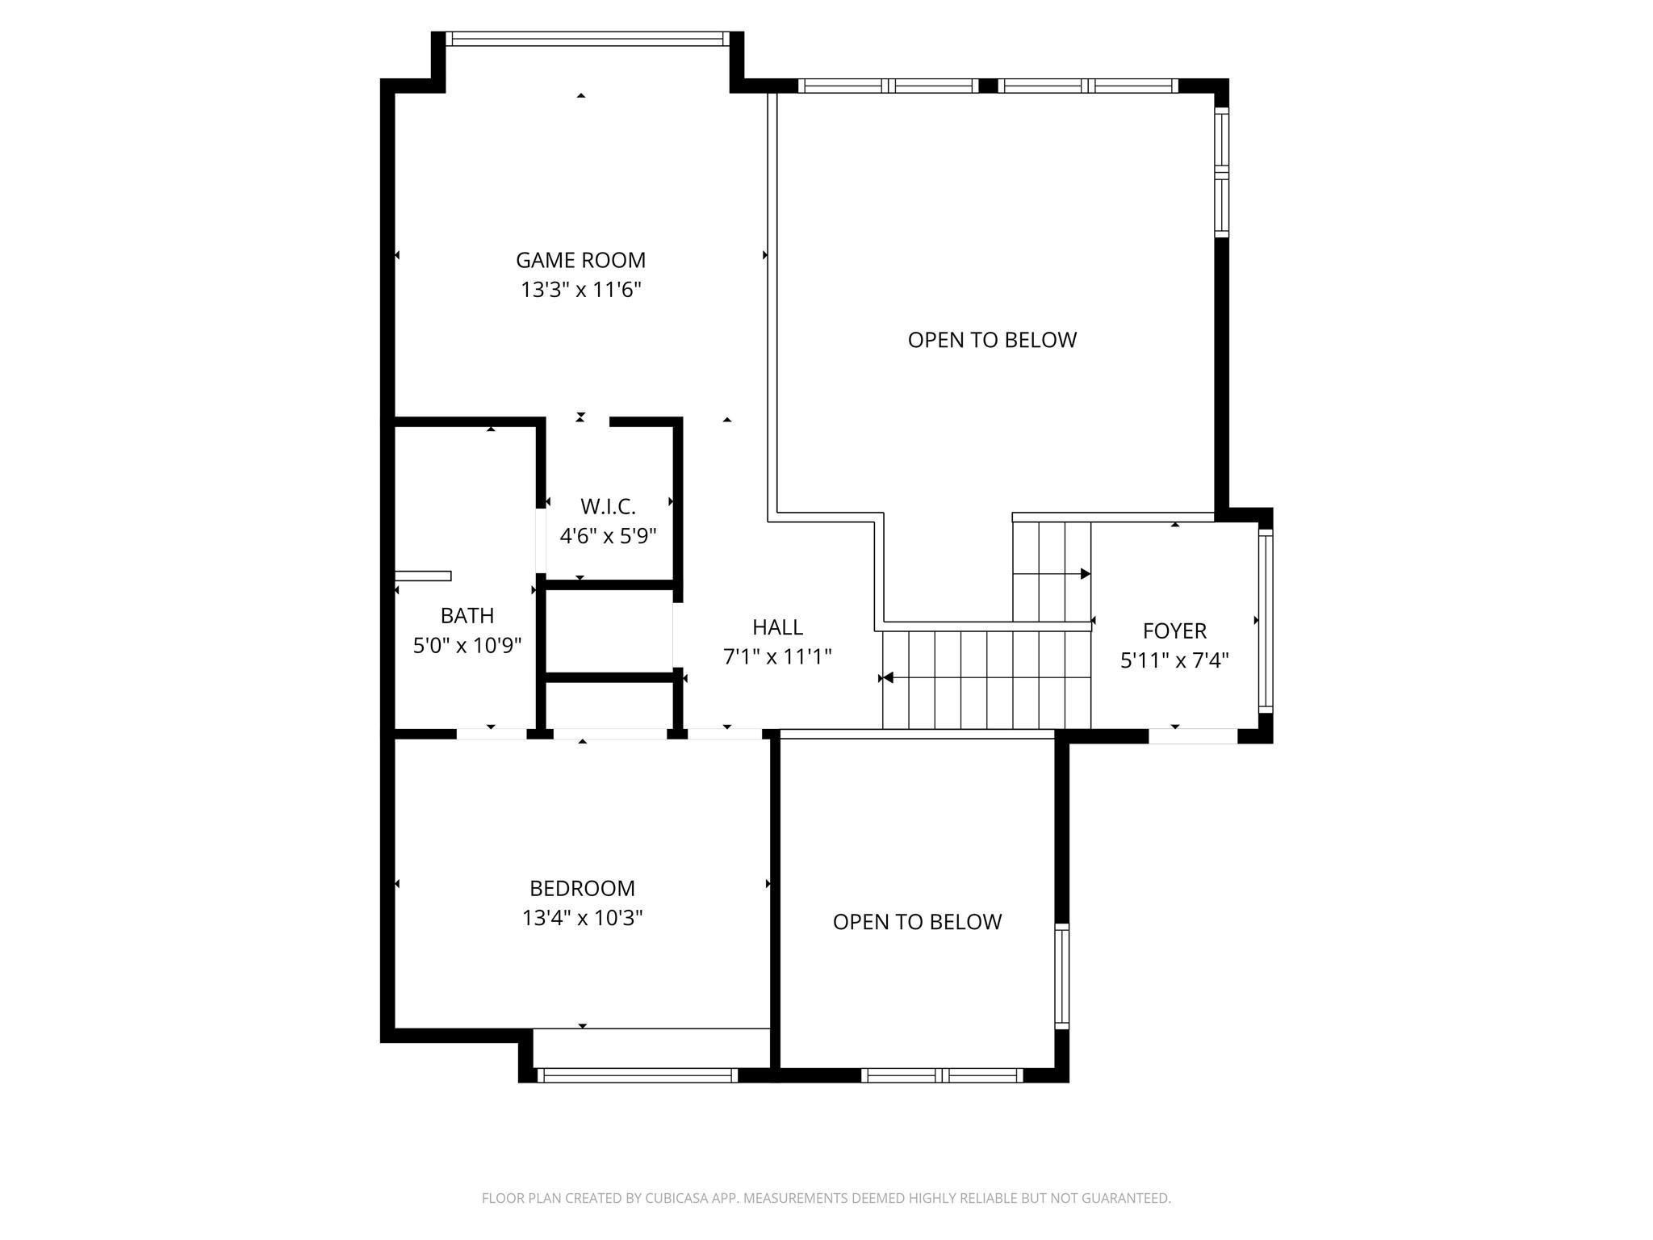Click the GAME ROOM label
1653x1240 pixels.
(580, 260)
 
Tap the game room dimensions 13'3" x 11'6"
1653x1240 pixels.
(580, 290)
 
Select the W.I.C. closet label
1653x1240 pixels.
(608, 507)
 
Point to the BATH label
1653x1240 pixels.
(467, 616)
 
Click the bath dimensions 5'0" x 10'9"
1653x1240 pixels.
(467, 646)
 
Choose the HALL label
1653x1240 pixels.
(777, 627)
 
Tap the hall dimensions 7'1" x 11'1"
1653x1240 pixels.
(777, 657)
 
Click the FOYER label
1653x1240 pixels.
(1174, 630)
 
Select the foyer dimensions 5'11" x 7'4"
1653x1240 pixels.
(1174, 660)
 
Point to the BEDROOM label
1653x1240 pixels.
(582, 888)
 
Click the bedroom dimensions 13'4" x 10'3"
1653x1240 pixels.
(582, 918)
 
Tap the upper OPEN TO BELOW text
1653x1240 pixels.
(992, 340)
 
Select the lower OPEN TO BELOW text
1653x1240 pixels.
(917, 922)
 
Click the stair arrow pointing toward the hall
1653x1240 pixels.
(888, 678)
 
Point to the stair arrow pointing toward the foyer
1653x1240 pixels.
(1085, 574)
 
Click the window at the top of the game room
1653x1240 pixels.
(587, 39)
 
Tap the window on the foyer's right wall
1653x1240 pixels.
(1266, 620)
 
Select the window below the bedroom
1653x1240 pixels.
(637, 1075)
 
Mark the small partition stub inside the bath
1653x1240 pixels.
(423, 576)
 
